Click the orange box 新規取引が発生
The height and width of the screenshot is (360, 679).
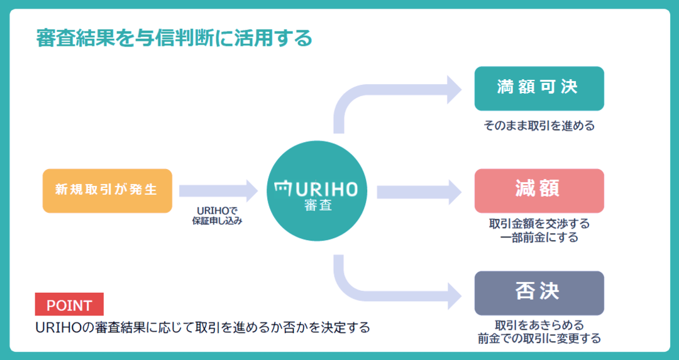108,191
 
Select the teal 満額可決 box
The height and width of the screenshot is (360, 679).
539,88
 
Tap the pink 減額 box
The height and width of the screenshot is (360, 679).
539,191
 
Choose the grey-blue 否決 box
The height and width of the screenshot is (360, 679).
539,293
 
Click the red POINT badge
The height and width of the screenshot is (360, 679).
69,305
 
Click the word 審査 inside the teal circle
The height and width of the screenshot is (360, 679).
318,205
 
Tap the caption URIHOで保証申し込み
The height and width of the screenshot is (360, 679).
218,215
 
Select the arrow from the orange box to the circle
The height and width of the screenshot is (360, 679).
218,191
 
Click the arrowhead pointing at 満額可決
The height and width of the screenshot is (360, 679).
455,90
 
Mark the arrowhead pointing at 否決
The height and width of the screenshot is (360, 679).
455,297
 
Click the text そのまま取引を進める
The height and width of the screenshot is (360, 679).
539,126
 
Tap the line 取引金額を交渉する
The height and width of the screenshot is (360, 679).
539,224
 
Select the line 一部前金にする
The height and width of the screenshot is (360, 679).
539,237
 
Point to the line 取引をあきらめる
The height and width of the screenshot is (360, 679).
539,325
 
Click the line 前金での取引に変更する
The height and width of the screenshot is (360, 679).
539,339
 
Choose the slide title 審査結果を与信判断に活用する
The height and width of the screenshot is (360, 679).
174,38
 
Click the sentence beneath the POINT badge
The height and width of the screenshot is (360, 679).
202,327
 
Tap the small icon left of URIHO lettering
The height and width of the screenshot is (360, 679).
284,188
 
